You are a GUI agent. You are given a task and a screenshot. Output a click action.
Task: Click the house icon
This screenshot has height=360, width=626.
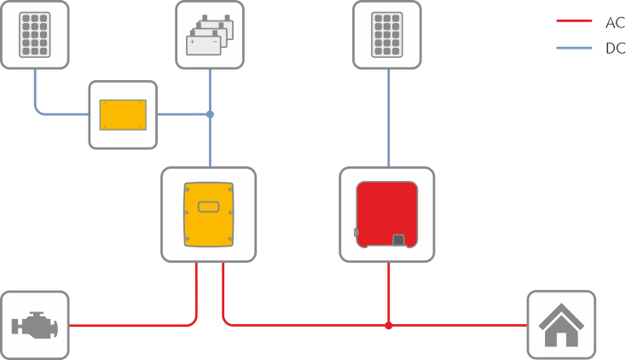561,325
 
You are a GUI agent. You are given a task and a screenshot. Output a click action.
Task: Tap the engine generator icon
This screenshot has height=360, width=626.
35,325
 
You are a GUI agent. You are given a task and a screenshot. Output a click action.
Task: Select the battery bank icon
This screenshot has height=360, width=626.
210,35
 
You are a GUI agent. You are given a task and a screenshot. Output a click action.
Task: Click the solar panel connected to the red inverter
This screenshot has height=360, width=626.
387,35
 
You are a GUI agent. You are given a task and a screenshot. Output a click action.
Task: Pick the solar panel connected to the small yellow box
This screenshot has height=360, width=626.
35,35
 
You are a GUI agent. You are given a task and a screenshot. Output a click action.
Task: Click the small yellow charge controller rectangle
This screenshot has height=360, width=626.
123,114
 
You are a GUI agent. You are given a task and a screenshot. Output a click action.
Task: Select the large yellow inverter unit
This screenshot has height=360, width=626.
208,215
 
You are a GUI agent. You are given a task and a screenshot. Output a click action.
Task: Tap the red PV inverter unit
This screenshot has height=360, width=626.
387,215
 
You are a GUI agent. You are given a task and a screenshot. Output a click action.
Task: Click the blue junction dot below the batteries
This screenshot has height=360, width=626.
210,114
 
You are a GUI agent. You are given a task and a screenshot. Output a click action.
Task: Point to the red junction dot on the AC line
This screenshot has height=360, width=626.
389,326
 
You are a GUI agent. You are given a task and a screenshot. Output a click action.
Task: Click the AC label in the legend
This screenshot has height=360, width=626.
615,23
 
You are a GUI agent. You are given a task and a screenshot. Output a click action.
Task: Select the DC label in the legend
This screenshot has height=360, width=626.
615,49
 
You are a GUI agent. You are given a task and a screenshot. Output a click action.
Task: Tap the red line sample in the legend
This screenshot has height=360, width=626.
574,20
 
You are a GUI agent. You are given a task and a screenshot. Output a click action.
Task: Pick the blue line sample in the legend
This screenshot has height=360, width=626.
574,48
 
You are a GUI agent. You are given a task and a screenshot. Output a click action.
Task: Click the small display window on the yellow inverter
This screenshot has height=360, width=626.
208,206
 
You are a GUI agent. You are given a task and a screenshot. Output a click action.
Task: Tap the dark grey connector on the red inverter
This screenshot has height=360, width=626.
399,241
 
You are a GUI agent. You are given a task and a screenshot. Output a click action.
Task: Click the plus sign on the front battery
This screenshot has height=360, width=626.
193,42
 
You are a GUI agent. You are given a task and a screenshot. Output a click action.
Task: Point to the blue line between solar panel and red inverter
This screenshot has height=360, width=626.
389,118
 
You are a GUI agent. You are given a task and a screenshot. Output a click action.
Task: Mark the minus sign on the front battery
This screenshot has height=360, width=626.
215,42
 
